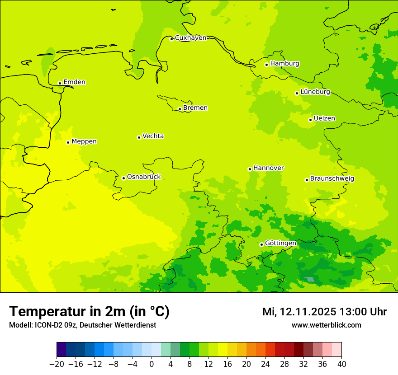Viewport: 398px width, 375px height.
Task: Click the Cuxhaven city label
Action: pos(190,38)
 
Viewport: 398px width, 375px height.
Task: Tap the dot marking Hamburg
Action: pos(266,65)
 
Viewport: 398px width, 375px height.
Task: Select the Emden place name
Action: pos(74,82)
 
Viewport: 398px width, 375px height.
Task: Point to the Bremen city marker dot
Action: pos(180,109)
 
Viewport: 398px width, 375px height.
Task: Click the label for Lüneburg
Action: pos(315,92)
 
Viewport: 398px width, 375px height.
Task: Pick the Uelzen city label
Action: pos(324,119)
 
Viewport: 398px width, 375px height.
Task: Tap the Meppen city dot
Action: pos(68,142)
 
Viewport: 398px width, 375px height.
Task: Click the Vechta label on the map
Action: pos(153,136)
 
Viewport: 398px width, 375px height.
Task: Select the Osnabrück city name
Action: pos(144,177)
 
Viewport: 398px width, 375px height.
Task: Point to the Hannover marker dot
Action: pos(250,169)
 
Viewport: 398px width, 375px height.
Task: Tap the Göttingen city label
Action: pos(280,244)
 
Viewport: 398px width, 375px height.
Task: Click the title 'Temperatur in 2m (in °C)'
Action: pos(89,312)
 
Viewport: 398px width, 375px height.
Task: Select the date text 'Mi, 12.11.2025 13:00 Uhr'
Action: pos(324,312)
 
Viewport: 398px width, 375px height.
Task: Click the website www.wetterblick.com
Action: pos(326,325)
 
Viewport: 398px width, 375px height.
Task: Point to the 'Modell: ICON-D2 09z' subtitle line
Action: pos(82,325)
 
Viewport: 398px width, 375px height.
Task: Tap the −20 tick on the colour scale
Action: pos(57,364)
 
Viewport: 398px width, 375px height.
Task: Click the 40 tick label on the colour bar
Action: pos(341,364)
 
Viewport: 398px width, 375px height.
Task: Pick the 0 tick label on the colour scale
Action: pos(152,364)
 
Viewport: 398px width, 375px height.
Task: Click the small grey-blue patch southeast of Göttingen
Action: pos(310,280)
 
